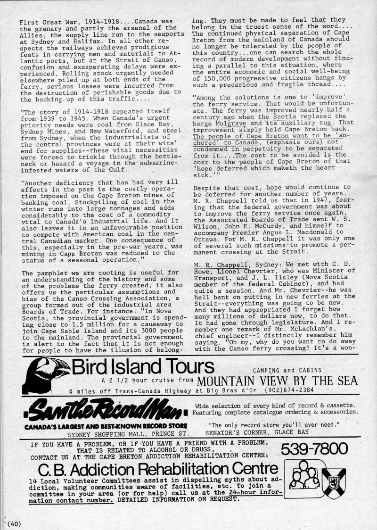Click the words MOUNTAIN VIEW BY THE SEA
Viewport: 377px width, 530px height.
coord(278,381)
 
